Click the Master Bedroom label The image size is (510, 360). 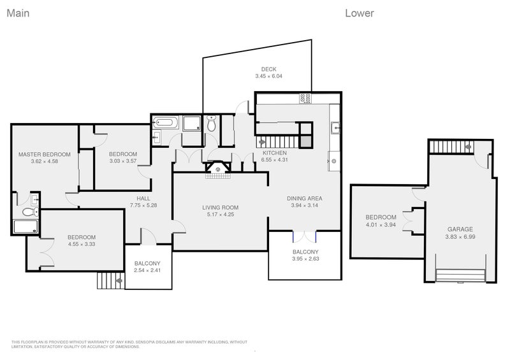44,154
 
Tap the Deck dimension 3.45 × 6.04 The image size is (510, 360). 268,76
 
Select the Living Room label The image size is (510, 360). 220,208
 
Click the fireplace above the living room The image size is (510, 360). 218,168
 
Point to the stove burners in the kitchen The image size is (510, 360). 305,99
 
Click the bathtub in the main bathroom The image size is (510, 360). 165,122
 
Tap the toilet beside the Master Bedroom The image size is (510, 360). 30,212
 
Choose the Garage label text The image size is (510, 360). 460,229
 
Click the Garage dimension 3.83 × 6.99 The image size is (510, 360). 460,237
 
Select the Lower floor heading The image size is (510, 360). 360,13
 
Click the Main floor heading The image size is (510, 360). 18,13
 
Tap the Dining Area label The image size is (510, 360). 305,198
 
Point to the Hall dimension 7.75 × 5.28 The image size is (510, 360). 143,205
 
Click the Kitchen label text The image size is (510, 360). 275,153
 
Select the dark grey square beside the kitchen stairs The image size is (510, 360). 305,141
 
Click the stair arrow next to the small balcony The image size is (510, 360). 119,280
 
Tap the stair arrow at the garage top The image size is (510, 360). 468,147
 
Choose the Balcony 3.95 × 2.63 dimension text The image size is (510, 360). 305,259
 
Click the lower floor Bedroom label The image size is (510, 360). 381,217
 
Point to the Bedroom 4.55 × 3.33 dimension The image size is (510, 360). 82,244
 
